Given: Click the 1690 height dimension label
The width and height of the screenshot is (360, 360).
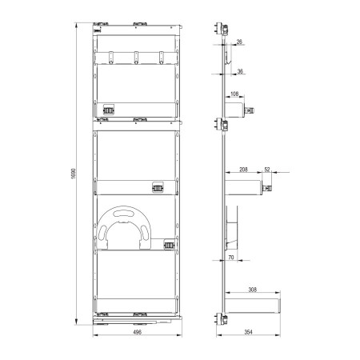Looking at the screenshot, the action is click(74, 174).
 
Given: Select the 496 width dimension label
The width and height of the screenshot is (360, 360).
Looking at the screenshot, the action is click(137, 332).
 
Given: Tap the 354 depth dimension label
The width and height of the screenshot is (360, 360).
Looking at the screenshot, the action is click(248, 332).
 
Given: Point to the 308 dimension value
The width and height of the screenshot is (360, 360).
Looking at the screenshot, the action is click(252, 290).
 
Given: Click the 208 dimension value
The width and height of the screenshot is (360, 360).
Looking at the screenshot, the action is click(243, 170).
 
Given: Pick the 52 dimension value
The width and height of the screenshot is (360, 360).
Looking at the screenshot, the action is click(267, 170).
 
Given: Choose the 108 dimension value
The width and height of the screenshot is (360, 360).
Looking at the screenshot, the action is click(234, 94).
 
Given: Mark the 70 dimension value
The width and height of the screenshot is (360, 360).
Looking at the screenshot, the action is click(231, 258).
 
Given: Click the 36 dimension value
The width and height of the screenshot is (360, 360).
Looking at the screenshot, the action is click(240, 71).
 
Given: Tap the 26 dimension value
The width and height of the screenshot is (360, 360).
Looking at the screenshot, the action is click(239, 42).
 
